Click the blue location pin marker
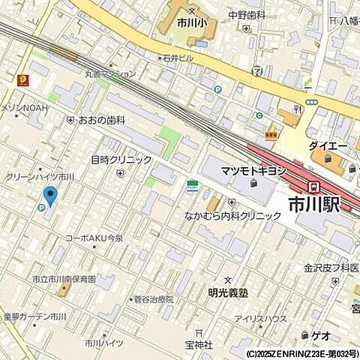(50, 196)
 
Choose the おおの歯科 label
(104, 120)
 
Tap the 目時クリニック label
(121, 160)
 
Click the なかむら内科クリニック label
(233, 216)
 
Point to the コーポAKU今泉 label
(94, 238)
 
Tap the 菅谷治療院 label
(154, 298)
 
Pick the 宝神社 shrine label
(199, 345)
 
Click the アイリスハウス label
(259, 319)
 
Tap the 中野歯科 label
(247, 14)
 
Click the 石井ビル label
(180, 57)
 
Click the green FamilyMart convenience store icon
(193, 184)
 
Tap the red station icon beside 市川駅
(315, 187)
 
